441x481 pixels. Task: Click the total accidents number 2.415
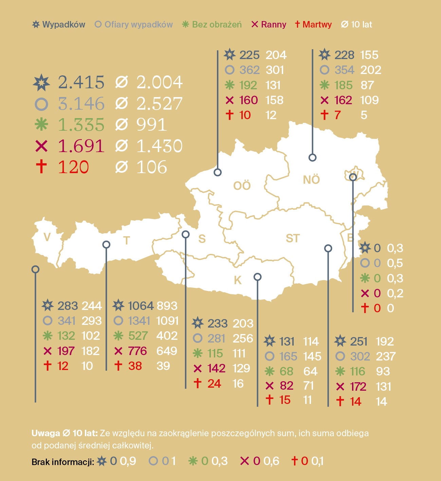click(x=81, y=82)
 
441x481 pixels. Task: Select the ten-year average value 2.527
click(x=159, y=104)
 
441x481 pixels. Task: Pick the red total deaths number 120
click(x=73, y=167)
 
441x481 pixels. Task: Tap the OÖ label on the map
click(x=242, y=186)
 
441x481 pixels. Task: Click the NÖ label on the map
click(x=311, y=180)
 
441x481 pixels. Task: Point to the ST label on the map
click(x=293, y=238)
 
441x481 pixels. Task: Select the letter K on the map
click(x=238, y=280)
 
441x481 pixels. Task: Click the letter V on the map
click(x=47, y=237)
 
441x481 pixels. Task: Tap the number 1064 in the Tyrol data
click(x=141, y=306)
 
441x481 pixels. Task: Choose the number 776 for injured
click(x=137, y=351)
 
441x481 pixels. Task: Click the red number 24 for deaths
click(x=214, y=384)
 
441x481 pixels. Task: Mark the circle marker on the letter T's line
click(x=106, y=244)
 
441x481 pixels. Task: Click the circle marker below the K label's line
click(x=257, y=277)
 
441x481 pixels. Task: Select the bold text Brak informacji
click(x=62, y=462)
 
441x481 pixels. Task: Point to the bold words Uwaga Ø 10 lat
click(x=65, y=433)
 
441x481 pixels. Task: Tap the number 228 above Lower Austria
click(x=344, y=55)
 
